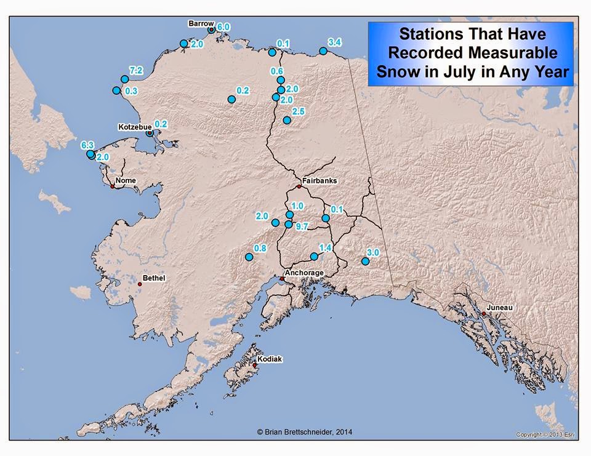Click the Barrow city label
(201, 23)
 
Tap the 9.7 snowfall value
(302, 227)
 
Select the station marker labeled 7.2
(124, 79)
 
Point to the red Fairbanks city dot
(299, 186)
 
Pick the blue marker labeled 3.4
(323, 51)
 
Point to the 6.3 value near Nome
(87, 146)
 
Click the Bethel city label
(154, 278)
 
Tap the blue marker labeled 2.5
(286, 120)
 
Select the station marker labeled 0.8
(249, 257)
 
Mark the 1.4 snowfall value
(326, 247)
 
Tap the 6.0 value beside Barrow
(223, 27)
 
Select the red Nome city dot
(113, 186)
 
